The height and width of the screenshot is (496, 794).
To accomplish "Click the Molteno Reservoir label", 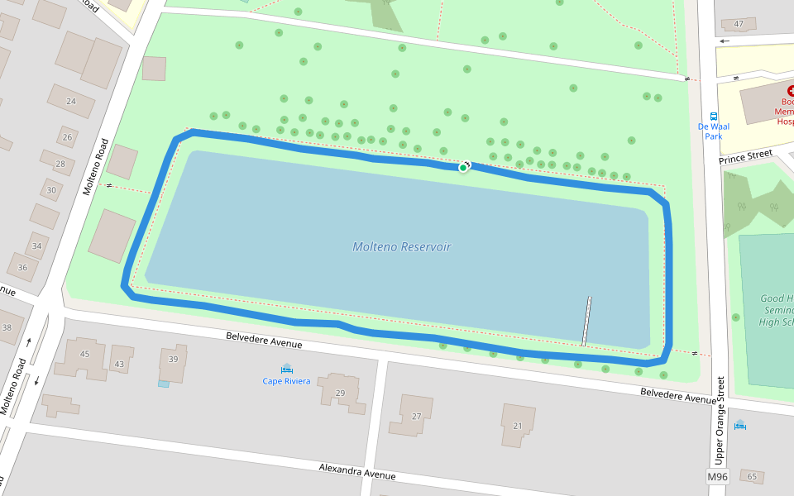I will pyautogui.click(x=402, y=246).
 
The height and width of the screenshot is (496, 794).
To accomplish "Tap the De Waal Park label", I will pyautogui.click(x=713, y=131).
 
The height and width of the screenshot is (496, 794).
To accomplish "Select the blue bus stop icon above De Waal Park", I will pyautogui.click(x=713, y=117).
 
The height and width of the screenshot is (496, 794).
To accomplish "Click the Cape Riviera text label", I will pyautogui.click(x=286, y=381).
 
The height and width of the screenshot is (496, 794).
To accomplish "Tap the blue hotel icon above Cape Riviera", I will pyautogui.click(x=286, y=368).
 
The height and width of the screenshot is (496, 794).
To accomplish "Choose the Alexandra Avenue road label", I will pyautogui.click(x=357, y=472).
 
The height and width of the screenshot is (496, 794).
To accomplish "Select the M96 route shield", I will pyautogui.click(x=717, y=477).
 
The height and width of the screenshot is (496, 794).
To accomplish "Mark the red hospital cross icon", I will pyautogui.click(x=791, y=92).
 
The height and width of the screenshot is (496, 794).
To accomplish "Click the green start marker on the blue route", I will pyautogui.click(x=462, y=167).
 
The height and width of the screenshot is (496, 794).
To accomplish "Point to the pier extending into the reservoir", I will pyautogui.click(x=586, y=321).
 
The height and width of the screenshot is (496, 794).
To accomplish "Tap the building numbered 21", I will pyautogui.click(x=518, y=426).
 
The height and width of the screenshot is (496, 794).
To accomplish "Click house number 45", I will pyautogui.click(x=84, y=355).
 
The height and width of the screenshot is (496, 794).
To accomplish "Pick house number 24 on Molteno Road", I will pyautogui.click(x=71, y=102).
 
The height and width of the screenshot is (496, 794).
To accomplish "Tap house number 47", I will pyautogui.click(x=739, y=23).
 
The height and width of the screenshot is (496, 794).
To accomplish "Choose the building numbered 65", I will pyautogui.click(x=752, y=477).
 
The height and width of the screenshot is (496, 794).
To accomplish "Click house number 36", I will pyautogui.click(x=22, y=267).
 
